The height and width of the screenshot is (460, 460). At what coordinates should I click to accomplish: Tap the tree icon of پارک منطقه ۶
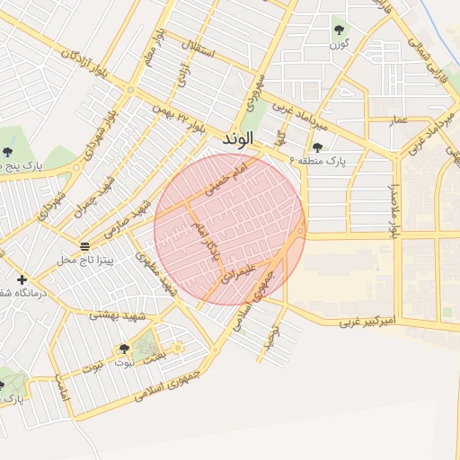[x=316, y=147]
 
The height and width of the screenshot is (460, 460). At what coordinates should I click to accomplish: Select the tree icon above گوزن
[x=339, y=30]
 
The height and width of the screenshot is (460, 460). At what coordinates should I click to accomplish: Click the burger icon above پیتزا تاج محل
[x=84, y=246]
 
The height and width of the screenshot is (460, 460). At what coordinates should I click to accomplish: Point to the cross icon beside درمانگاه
[x=22, y=279]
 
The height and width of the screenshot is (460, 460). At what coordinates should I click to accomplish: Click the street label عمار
[x=399, y=119]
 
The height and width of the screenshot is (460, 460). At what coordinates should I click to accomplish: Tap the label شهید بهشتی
[x=111, y=315]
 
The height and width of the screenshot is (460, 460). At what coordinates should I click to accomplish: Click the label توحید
[x=268, y=339]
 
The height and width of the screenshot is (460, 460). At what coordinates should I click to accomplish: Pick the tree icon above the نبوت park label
[x=124, y=349]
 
